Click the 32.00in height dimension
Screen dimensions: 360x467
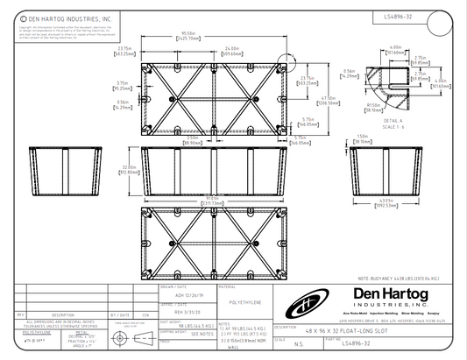click(x=129, y=168)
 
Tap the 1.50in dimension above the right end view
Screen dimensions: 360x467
click(x=362, y=137)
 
